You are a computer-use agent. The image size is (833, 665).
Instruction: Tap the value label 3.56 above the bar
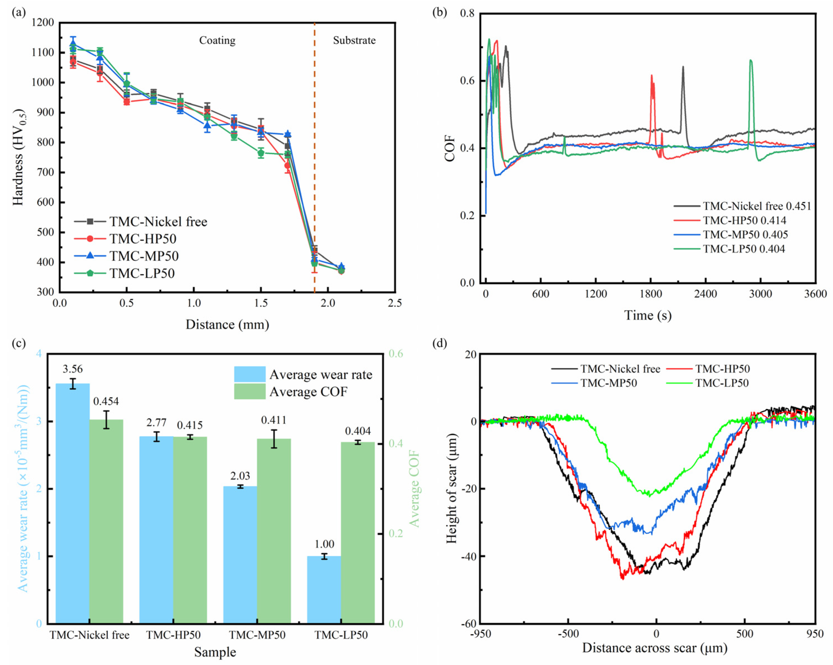73,369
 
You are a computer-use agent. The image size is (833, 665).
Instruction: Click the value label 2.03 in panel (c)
240,476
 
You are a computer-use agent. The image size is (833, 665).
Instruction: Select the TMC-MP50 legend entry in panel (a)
127,256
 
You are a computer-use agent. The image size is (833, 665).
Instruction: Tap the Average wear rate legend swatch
250,374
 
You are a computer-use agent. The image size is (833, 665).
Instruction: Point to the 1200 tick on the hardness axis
43,23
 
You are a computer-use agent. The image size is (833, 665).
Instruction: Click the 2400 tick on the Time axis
706,294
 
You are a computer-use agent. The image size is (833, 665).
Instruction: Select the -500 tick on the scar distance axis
568,634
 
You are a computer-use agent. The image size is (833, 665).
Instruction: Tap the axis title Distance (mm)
227,324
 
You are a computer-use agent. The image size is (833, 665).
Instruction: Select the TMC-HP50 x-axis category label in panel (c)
173,635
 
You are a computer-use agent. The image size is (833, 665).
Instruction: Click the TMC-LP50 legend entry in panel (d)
708,383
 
